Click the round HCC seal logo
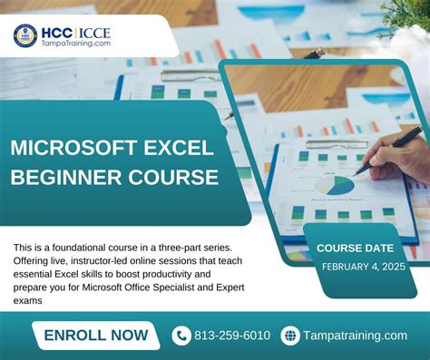pyautogui.click(x=24, y=35)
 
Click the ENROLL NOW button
pyautogui.click(x=96, y=336)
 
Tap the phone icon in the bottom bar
pyautogui.click(x=181, y=336)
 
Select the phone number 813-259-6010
pyautogui.click(x=233, y=336)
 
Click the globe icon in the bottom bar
pyautogui.click(x=290, y=336)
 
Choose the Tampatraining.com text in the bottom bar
pyautogui.click(x=357, y=336)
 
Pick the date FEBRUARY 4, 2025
pyautogui.click(x=361, y=266)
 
